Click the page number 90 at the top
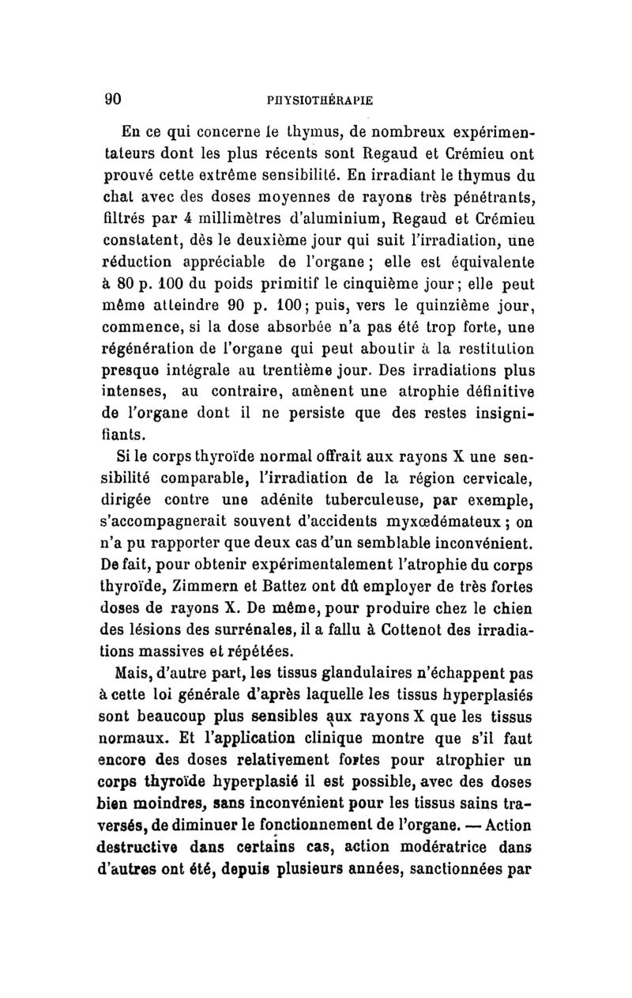click(x=111, y=100)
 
